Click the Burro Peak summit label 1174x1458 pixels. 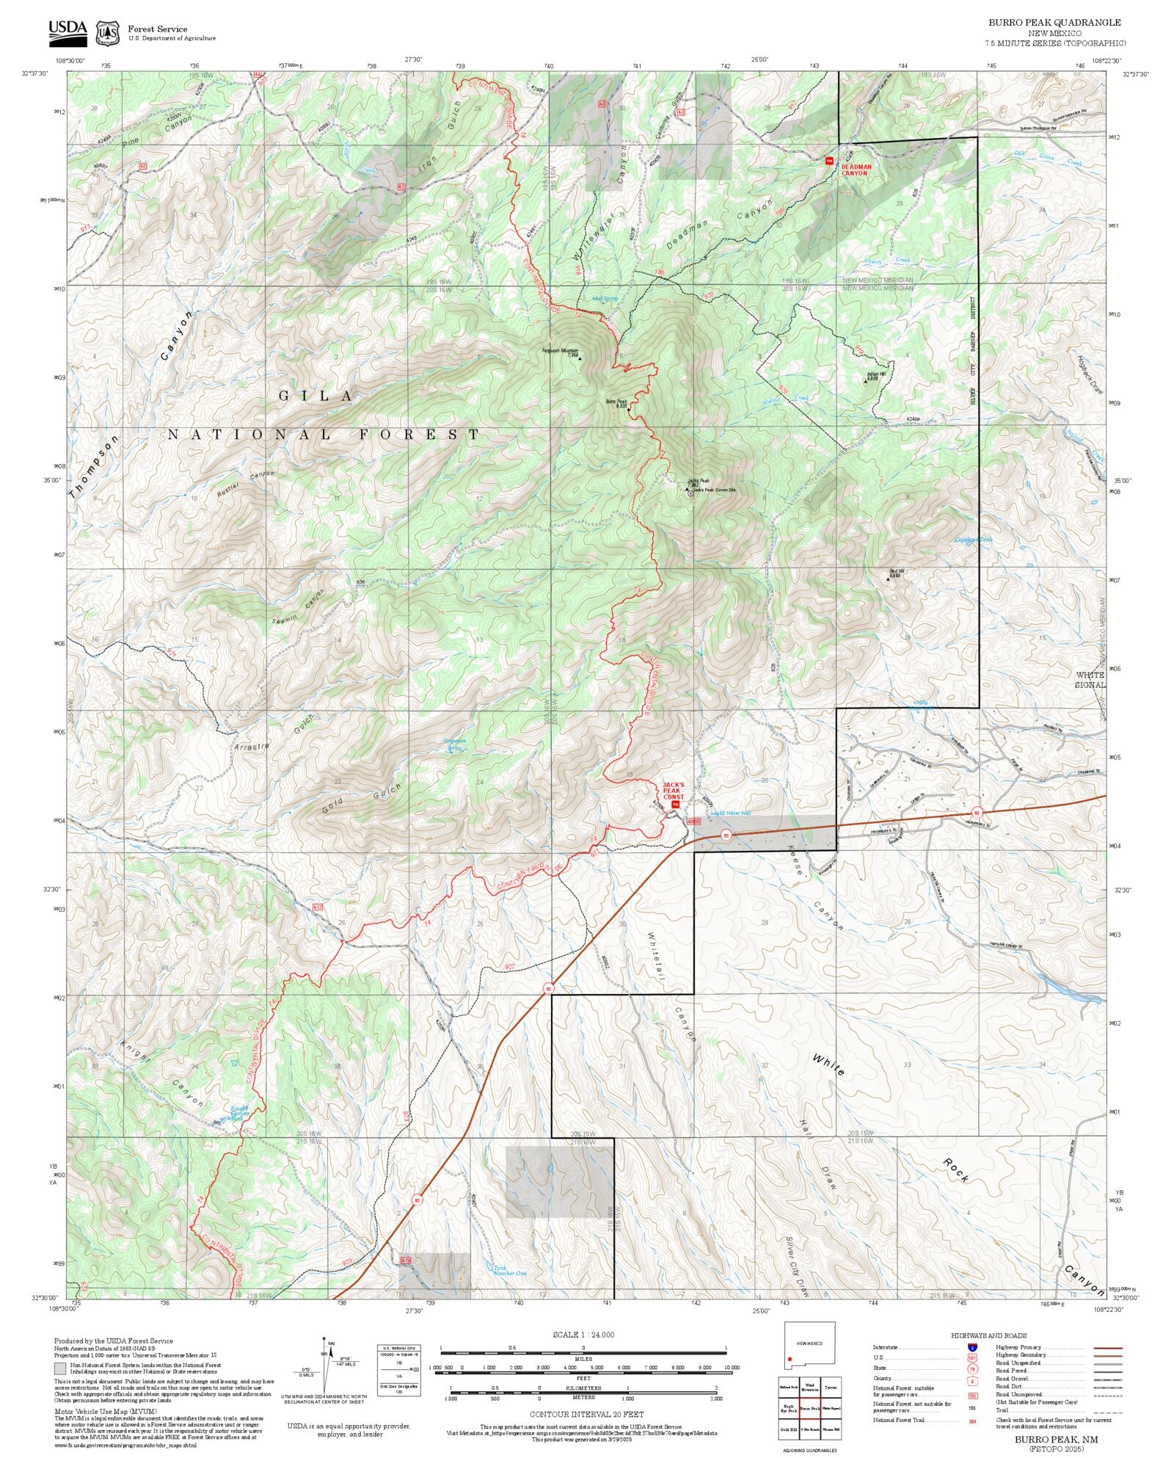click(616, 402)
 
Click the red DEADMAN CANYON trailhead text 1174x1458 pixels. click(856, 170)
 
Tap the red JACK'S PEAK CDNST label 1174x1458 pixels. click(674, 791)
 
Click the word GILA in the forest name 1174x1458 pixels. click(316, 396)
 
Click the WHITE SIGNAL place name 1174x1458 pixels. click(1090, 679)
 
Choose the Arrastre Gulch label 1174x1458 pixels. click(272, 734)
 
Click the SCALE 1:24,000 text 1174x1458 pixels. click(583, 1335)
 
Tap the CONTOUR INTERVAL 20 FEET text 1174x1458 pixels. click(586, 1413)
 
